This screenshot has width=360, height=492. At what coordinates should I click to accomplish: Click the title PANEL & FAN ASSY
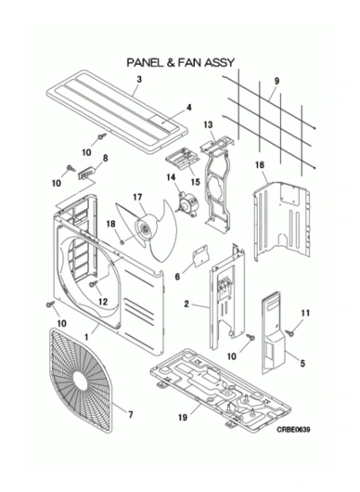(180, 63)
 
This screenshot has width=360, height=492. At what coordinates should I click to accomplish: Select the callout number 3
(137, 81)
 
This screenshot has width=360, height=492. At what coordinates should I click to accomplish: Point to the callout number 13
(209, 123)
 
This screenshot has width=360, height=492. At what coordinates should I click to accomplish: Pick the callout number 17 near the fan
(136, 197)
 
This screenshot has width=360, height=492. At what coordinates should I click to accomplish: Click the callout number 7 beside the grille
(130, 414)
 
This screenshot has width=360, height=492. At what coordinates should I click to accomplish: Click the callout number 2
(187, 304)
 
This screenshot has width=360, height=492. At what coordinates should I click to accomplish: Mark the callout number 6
(177, 276)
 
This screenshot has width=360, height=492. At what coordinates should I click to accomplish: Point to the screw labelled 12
(94, 284)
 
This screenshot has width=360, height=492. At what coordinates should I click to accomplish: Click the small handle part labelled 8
(89, 173)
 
